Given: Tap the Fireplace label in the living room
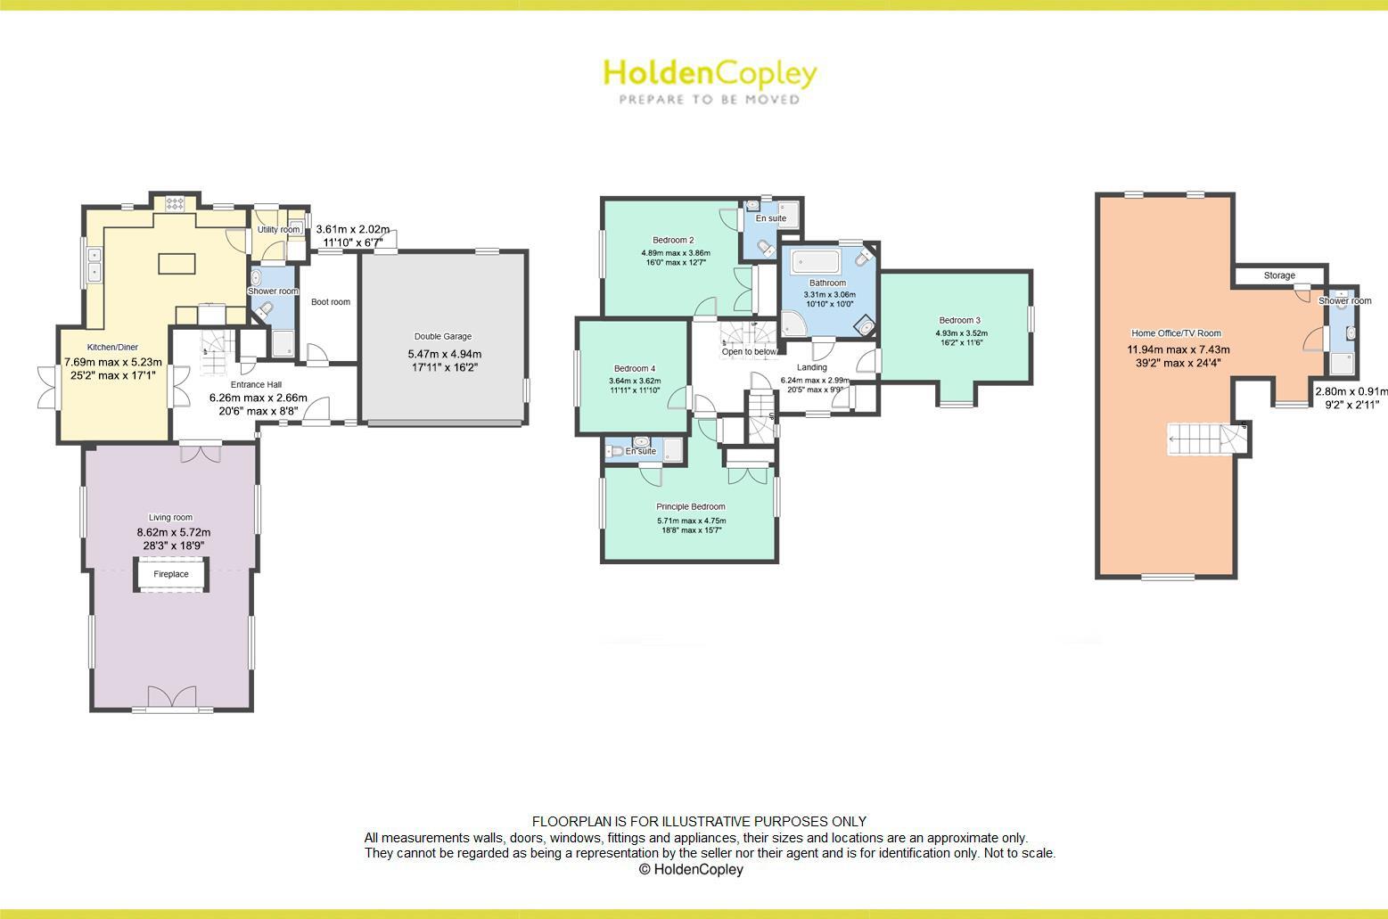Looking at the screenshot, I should click(171, 574).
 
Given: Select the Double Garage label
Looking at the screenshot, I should click(443, 336).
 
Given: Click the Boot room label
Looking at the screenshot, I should click(331, 302).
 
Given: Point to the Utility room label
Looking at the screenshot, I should click(278, 230).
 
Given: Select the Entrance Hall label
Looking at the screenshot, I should click(257, 384).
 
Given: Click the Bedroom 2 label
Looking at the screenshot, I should click(673, 240).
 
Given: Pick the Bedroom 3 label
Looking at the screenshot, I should click(959, 320).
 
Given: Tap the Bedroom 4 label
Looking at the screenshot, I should click(635, 368).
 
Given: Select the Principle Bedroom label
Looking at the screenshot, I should click(691, 506).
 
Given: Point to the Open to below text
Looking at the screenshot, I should click(749, 351).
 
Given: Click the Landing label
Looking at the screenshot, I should click(811, 367).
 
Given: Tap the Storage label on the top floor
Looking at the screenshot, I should click(1279, 275).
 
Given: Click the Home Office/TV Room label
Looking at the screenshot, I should click(1177, 333).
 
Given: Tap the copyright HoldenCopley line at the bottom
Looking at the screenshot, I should click(691, 869).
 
